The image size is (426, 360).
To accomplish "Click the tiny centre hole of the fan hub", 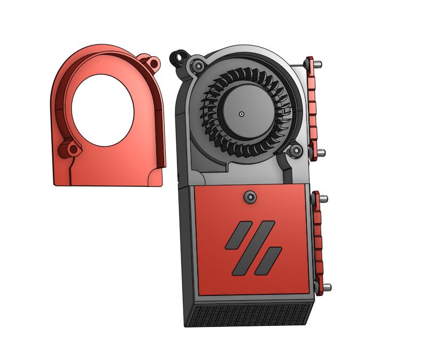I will pyautogui.click(x=242, y=114).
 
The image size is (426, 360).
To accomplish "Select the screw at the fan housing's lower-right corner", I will pyautogui.click(x=296, y=153).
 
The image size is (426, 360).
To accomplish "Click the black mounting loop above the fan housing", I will pyautogui.click(x=178, y=56).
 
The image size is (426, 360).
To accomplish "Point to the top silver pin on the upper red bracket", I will pyautogui.click(x=317, y=64).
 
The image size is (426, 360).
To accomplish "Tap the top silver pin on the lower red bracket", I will pyautogui.click(x=324, y=199).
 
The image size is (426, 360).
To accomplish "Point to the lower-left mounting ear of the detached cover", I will pyautogui.click(x=69, y=148).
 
